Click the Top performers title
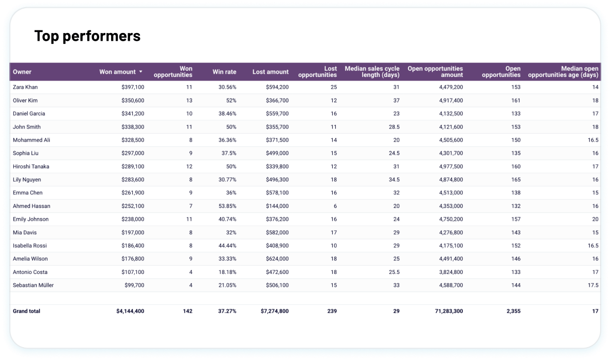click(87, 36)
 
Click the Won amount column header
click(117, 72)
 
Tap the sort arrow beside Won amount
click(140, 72)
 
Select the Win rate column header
click(224, 72)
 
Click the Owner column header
click(22, 72)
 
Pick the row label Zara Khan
click(25, 87)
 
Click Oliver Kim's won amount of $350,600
click(133, 101)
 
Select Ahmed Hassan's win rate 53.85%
click(227, 206)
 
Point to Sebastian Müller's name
click(33, 285)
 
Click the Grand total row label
click(26, 311)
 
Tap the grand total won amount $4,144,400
click(130, 311)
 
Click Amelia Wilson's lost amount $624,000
click(277, 259)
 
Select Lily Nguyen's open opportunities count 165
click(515, 179)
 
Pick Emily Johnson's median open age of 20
click(595, 219)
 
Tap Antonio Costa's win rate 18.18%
click(227, 272)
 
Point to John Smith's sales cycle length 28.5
click(394, 127)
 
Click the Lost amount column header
click(270, 72)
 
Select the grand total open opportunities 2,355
click(512, 311)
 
